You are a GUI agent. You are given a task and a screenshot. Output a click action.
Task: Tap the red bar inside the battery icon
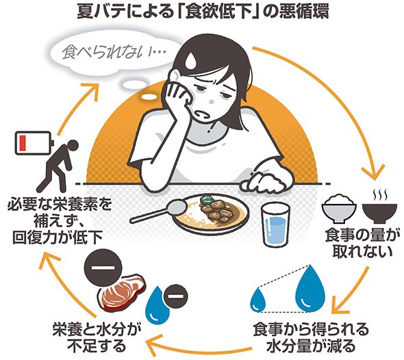pyautogui.click(x=21, y=142)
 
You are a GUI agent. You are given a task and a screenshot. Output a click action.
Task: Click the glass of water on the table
pyautogui.click(x=275, y=224)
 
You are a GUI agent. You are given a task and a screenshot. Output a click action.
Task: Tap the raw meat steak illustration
pyautogui.click(x=122, y=290)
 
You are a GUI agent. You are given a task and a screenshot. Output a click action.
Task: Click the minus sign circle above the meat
pyautogui.click(x=103, y=267)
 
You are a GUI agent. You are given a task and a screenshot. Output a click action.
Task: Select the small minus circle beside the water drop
pyautogui.click(x=175, y=297)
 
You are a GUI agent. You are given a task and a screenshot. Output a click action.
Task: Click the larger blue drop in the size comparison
pyautogui.click(x=310, y=288)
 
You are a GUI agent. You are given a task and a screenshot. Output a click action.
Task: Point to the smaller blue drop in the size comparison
pyautogui.click(x=258, y=299)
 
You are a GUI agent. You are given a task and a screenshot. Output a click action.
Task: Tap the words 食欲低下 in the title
pyautogui.click(x=218, y=12)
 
